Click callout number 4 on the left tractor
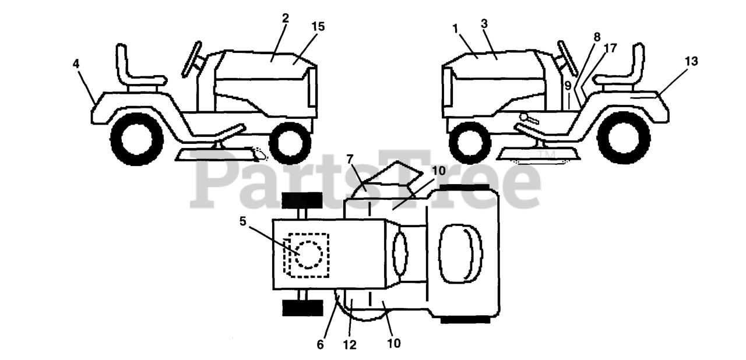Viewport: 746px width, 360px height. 76,64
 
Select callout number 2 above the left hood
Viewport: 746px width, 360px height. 285,18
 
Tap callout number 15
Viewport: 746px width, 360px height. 318,27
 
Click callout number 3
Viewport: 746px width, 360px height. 484,23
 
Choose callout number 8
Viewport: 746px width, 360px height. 596,36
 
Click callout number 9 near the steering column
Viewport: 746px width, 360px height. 568,86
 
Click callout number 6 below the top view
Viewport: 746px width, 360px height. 321,344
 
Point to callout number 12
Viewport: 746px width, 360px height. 349,344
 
